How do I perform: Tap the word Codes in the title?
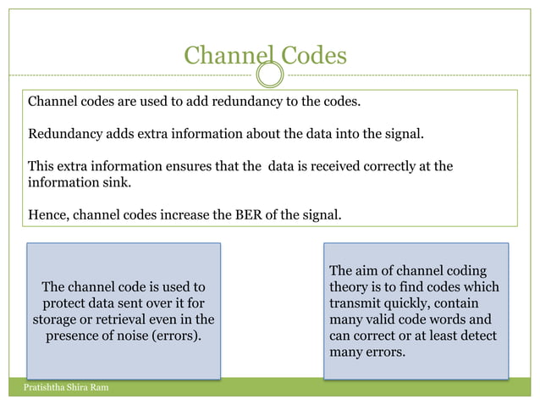pos(311,56)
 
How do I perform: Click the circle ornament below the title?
pos(269,75)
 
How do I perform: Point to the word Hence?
pos(47,215)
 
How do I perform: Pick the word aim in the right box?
pos(371,271)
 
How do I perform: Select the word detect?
pos(477,336)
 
